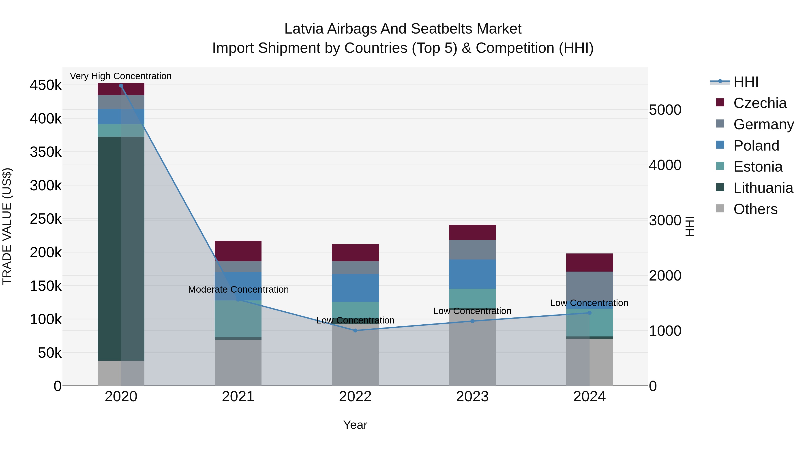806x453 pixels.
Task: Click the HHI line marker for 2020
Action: [x=121, y=86]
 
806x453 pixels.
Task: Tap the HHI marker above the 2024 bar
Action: [x=589, y=313]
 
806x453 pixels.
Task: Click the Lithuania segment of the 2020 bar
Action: [x=121, y=249]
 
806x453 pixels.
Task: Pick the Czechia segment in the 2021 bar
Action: [x=238, y=251]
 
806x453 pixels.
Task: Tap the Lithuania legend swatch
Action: [x=720, y=188]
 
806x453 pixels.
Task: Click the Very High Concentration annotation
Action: [x=121, y=76]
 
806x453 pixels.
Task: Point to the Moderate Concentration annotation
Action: [x=238, y=289]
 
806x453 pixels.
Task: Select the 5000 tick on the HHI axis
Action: [x=665, y=110]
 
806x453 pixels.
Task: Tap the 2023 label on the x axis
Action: [x=472, y=397]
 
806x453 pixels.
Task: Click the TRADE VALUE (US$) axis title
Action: [x=7, y=226]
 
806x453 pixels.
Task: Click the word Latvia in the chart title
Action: [x=304, y=29]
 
